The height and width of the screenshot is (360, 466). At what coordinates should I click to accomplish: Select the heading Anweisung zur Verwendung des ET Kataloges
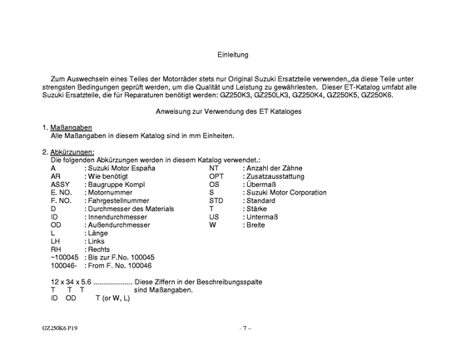coord(233,111)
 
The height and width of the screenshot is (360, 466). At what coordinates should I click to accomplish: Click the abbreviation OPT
coord(216,176)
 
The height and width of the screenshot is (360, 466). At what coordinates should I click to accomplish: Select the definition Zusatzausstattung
coord(269,176)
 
